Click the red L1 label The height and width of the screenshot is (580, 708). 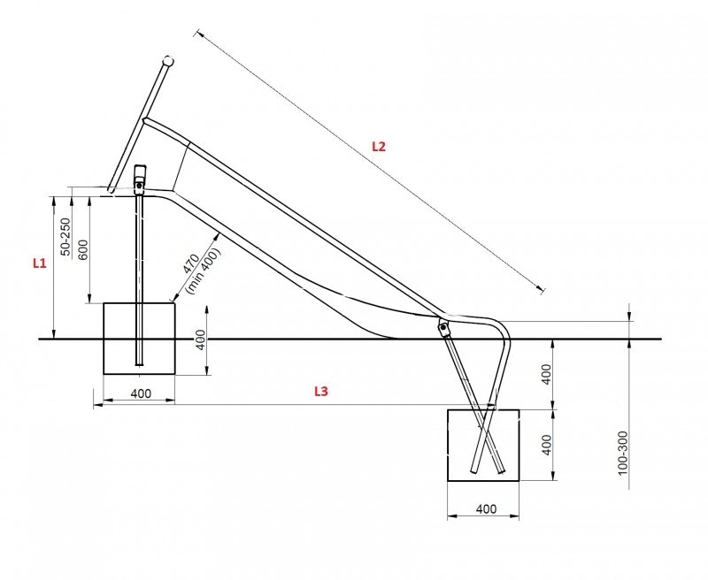[38, 263]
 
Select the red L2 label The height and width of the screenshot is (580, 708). [378, 147]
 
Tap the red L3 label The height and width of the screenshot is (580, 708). [321, 391]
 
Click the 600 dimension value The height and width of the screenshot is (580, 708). [83, 251]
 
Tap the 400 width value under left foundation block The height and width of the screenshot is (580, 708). [141, 393]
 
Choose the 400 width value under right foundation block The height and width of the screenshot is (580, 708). [484, 509]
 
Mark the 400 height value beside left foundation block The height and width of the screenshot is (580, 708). [200, 339]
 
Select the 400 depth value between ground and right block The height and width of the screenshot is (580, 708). [546, 373]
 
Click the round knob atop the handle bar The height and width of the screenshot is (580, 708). [167, 62]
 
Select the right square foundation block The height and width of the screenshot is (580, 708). [483, 445]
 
